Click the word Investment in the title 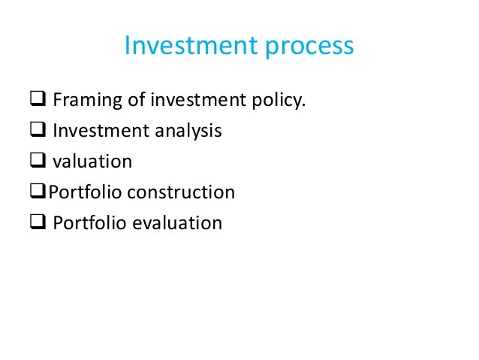[191, 45]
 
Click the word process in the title [309, 47]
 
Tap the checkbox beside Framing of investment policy [38, 98]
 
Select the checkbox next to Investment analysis [38, 129]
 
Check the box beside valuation [38, 160]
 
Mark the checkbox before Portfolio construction [38, 191]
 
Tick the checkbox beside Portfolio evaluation [38, 222]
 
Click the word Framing [88, 100]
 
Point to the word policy [276, 100]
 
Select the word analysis [188, 132]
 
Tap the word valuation [92, 161]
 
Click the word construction [181, 192]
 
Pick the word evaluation [177, 222]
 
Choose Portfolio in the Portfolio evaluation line [90, 222]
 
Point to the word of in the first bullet [136, 99]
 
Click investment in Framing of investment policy [198, 100]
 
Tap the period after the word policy [303, 105]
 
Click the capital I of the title [127, 45]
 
